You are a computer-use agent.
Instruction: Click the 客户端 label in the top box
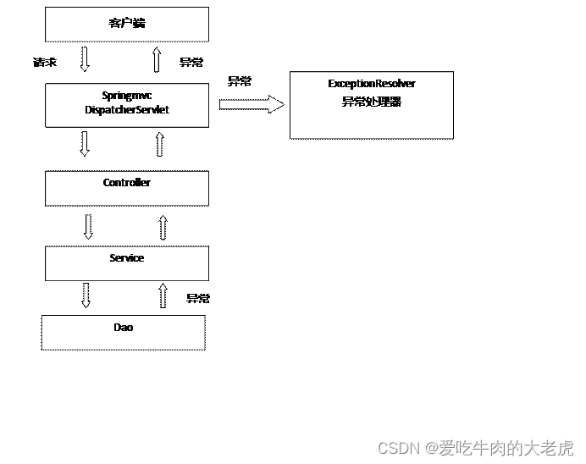tap(127, 23)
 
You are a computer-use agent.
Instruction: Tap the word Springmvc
tap(127, 97)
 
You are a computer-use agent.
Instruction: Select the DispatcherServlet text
tap(127, 110)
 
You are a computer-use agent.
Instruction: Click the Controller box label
tap(127, 183)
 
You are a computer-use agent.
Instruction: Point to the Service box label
tap(127, 258)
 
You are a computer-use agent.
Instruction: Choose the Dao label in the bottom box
tap(124, 327)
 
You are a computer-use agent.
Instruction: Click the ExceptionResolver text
tap(372, 84)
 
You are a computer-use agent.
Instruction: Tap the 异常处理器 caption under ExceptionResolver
tap(372, 102)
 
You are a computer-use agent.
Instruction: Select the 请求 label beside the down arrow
tap(44, 62)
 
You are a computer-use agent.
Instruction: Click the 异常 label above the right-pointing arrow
tap(240, 81)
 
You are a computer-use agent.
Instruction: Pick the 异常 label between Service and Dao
tap(198, 298)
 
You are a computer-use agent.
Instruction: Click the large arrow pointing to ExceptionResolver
tap(252, 104)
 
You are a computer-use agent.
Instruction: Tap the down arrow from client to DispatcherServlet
tap(84, 59)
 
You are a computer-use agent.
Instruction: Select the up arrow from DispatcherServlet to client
tap(157, 59)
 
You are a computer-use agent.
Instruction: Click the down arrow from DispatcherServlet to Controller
tap(84, 143)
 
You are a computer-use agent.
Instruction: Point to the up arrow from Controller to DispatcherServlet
tap(160, 144)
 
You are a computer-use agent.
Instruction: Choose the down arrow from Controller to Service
tap(88, 226)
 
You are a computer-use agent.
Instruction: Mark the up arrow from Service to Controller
tap(163, 227)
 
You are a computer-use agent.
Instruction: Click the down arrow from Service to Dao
tap(85, 295)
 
